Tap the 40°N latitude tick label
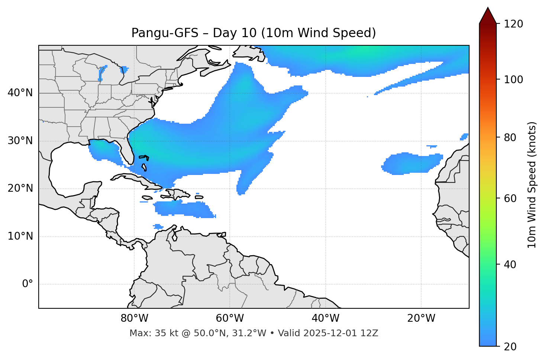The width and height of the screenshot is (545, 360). tap(20, 93)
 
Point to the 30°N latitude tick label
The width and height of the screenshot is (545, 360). tap(20, 141)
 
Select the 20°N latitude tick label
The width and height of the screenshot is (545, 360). tap(20, 188)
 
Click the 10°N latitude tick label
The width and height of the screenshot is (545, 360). tap(20, 236)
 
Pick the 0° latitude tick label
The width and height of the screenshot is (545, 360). tap(28, 284)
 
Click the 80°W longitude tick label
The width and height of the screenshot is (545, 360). tap(134, 318)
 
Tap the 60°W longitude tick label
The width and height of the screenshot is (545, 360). tap(230, 318)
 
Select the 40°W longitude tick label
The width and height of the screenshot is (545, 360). tap(325, 318)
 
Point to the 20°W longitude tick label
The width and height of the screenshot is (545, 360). tap(421, 318)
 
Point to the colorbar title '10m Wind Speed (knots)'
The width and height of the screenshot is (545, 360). tap(532, 185)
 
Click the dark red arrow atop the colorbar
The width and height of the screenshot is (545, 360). tap(488, 16)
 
